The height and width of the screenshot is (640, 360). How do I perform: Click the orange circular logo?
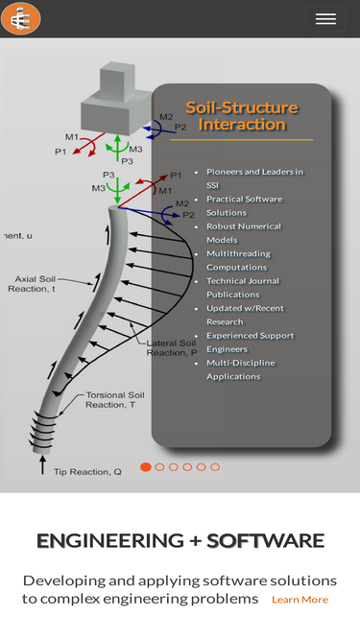(21, 18)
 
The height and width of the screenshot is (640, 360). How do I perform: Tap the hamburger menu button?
(325, 19)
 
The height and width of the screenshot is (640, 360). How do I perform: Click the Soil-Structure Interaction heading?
(242, 116)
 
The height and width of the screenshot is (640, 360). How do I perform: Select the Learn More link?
(300, 600)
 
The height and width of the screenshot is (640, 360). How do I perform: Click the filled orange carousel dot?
(146, 467)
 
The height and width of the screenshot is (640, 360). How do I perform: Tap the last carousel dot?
(215, 467)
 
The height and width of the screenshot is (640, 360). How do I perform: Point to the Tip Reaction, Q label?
(87, 472)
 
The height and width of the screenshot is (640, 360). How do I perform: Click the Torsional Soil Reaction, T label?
(114, 400)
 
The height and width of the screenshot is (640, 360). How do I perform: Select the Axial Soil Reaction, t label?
(32, 284)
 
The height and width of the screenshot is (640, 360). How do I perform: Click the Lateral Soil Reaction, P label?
(172, 347)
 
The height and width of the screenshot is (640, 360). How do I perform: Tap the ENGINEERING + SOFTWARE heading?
(180, 541)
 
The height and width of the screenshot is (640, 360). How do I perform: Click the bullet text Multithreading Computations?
(238, 260)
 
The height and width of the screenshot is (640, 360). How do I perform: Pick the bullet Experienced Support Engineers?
(251, 343)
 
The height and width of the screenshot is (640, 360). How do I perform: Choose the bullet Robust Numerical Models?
(244, 233)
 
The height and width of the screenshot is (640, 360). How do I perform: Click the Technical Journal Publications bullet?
(243, 288)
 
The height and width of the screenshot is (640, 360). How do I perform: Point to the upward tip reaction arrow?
(42, 465)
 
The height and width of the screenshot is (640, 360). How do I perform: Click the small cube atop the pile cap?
(117, 83)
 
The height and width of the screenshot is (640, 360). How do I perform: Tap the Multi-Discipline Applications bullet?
(241, 369)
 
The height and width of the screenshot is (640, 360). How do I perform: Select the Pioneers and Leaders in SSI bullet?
(254, 178)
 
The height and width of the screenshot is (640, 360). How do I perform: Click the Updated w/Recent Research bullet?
(245, 315)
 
